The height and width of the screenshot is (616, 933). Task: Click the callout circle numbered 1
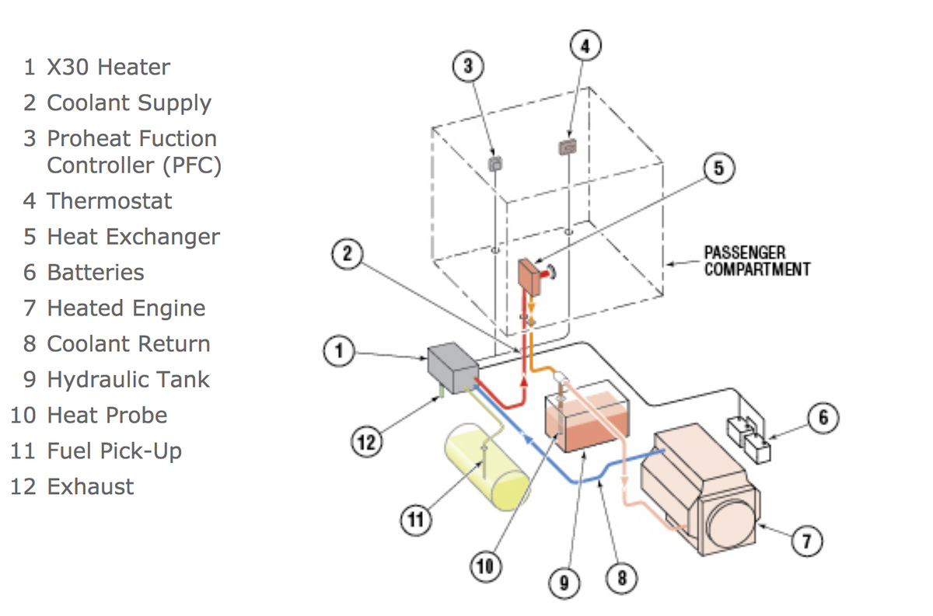338,353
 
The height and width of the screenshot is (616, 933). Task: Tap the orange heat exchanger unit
531,276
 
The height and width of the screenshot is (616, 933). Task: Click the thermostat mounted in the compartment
568,146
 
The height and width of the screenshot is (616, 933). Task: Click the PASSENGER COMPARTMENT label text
756,261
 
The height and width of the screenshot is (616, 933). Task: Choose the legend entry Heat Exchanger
133,237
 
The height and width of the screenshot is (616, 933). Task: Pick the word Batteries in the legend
96,273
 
